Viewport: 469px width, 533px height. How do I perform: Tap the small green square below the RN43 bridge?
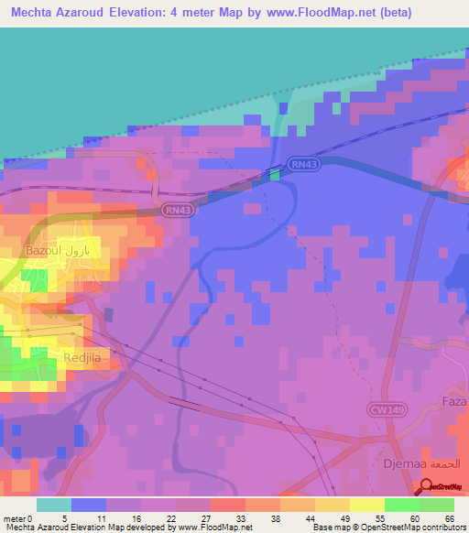275,176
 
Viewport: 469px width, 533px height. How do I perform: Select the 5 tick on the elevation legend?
63,517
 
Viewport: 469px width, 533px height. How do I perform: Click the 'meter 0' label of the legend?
16,517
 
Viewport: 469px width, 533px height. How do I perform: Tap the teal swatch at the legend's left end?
54,505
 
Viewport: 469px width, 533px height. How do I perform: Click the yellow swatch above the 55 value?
366,505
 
